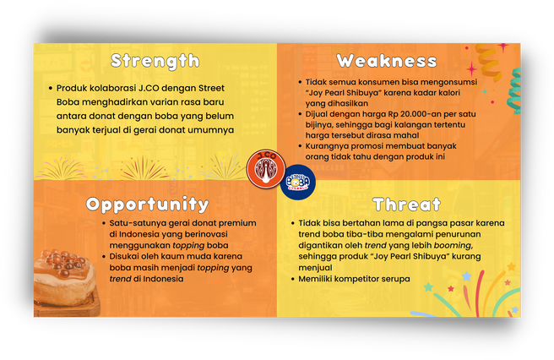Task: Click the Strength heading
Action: [x=155, y=62]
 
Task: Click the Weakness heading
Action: [x=387, y=61]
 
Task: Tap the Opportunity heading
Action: [x=147, y=205]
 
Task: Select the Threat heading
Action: [x=407, y=205]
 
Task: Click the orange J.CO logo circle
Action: [x=266, y=168]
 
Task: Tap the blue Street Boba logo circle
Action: [x=298, y=183]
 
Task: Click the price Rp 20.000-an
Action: [x=418, y=114]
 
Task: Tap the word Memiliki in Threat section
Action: [x=315, y=279]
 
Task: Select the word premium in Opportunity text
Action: [x=236, y=223]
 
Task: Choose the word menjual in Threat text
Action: [x=315, y=268]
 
